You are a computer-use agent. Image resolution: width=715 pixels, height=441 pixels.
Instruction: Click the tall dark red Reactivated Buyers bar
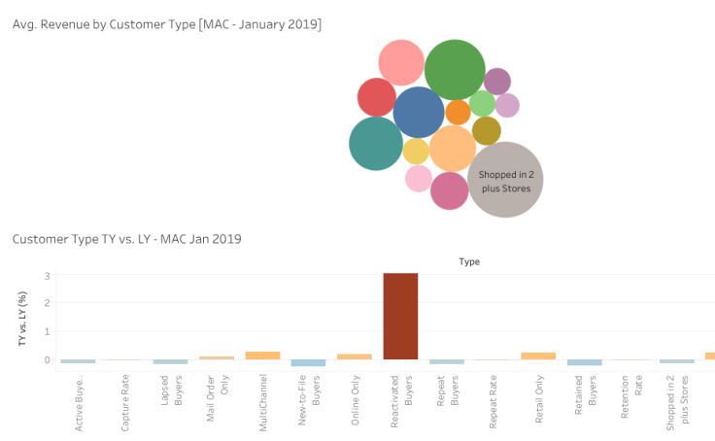[x=400, y=316]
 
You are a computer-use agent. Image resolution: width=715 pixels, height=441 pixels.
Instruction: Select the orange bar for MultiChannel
[x=262, y=356]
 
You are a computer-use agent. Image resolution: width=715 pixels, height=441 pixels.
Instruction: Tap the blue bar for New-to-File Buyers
[x=308, y=362]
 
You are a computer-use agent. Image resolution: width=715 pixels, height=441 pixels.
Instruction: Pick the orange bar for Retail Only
[x=538, y=356]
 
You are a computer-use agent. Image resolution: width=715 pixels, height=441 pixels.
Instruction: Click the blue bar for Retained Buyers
[x=584, y=362]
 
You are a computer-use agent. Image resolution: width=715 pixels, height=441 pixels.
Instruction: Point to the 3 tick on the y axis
[x=47, y=277]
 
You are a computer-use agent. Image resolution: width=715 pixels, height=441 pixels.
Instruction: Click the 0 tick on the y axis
[x=47, y=359]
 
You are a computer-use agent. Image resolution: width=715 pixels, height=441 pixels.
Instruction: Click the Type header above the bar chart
[x=469, y=261]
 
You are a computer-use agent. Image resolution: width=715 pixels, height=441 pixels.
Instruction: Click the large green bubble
[x=455, y=70]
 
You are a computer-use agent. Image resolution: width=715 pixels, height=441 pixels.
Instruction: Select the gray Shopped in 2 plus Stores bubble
[x=505, y=180]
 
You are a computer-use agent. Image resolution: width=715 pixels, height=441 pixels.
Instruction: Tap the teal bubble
[x=376, y=144]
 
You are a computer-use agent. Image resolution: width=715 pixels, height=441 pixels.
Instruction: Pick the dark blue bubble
[x=419, y=112]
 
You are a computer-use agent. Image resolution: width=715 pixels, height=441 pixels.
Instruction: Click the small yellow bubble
[x=416, y=152]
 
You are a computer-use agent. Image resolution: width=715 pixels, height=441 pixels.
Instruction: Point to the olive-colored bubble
[x=486, y=130]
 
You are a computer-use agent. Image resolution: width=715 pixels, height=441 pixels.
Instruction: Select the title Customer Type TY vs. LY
[x=126, y=238]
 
